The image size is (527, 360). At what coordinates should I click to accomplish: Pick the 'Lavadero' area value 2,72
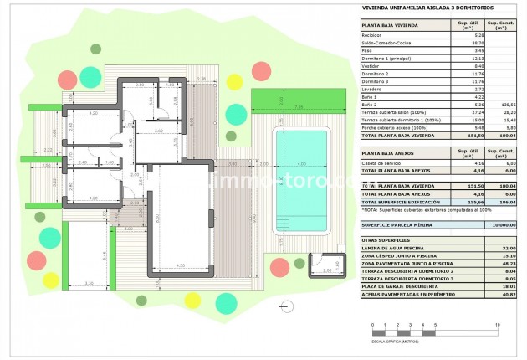pyautogui.click(x=456, y=89)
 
